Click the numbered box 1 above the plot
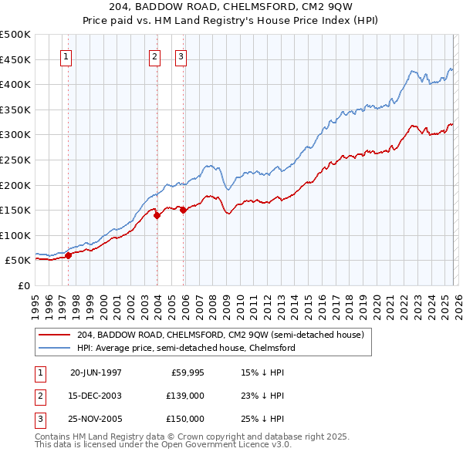(x=66, y=56)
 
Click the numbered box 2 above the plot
(x=154, y=56)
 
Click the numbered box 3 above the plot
(x=181, y=56)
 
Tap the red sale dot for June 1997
(x=68, y=255)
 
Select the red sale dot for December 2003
(x=157, y=216)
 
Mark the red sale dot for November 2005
(x=183, y=210)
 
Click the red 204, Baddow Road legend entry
(x=225, y=335)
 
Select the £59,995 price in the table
(x=185, y=372)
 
